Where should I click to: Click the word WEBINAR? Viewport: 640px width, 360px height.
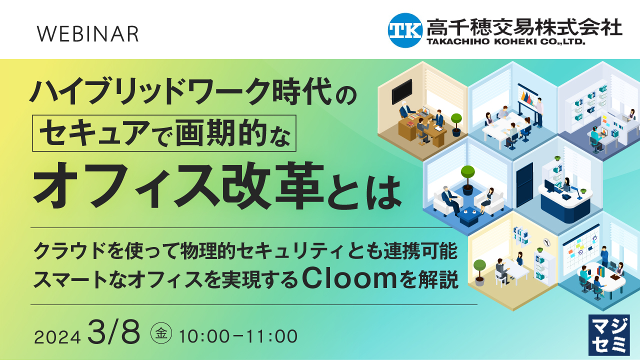pos(88,33)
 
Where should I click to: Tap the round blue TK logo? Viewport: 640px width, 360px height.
pos(405,30)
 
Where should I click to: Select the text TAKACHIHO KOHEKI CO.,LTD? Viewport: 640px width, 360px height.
pos(505,42)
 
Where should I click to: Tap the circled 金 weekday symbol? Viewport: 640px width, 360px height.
pos(161,333)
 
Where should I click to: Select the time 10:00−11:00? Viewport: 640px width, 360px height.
pos(238,336)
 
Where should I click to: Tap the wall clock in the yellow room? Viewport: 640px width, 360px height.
pos(546,241)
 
